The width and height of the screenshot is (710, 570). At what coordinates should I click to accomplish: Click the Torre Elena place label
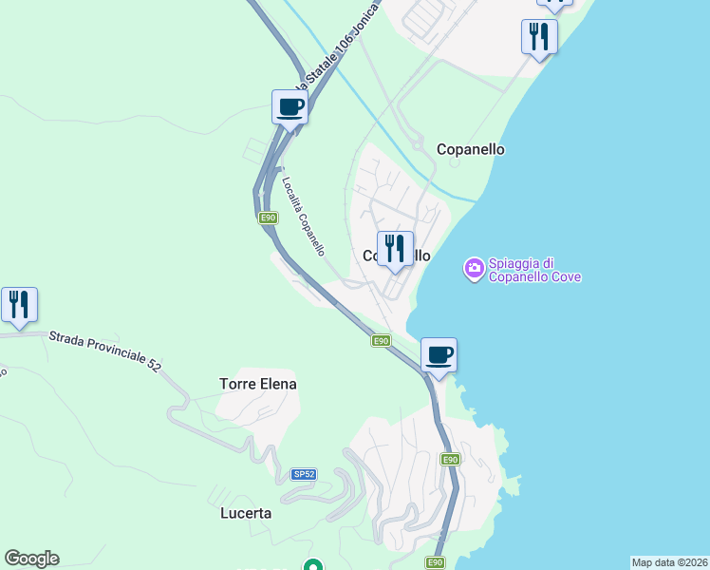(x=258, y=384)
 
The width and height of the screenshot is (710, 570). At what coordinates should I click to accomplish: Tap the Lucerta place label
(x=240, y=513)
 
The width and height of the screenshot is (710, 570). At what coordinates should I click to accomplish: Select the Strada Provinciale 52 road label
(x=105, y=349)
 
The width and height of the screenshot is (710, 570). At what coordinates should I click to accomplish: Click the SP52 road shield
(x=304, y=473)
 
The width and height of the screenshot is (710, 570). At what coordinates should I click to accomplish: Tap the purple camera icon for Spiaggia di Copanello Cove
(x=474, y=270)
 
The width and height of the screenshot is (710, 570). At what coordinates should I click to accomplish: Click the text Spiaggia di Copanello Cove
(x=534, y=270)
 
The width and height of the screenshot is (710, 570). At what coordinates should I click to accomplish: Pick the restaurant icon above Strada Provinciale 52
(x=19, y=305)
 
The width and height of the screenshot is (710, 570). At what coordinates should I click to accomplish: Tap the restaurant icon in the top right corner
(x=539, y=38)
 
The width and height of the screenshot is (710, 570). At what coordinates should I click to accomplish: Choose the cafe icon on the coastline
(x=439, y=356)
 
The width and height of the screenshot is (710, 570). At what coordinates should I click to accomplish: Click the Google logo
(x=31, y=559)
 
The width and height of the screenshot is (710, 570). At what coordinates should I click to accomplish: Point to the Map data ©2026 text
(x=669, y=561)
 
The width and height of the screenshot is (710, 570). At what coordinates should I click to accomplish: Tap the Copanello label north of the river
(x=470, y=149)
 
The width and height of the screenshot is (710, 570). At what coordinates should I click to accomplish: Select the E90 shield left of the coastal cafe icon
(x=381, y=340)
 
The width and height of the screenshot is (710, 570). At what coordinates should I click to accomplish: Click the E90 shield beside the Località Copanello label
(x=269, y=218)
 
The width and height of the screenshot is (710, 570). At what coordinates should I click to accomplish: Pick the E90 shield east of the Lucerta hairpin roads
(x=451, y=460)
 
